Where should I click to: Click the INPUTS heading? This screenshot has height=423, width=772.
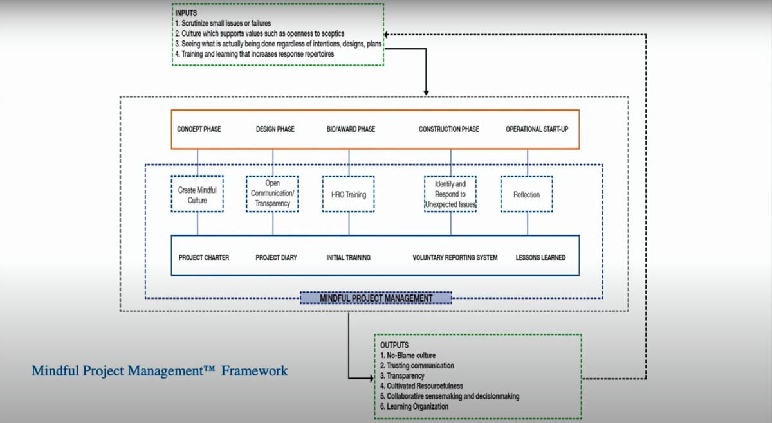[187, 13]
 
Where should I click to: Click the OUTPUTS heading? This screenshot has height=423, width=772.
[394, 345]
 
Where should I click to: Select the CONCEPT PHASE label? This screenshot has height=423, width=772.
[199, 129]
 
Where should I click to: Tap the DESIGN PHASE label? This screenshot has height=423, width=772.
[275, 129]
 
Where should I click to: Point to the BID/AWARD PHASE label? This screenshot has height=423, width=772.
[351, 129]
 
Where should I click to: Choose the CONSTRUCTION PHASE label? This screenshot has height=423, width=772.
[448, 129]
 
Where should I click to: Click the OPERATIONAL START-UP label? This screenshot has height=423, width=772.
[537, 129]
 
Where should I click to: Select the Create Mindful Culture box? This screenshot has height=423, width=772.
[198, 195]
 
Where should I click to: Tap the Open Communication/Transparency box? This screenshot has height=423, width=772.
[272, 194]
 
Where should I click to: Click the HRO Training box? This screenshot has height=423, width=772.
[348, 195]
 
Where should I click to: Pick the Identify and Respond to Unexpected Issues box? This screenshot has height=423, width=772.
[450, 194]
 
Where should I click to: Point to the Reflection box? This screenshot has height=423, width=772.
[526, 195]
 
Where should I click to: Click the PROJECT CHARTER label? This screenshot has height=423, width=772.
[204, 258]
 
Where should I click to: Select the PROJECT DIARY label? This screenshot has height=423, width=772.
[277, 258]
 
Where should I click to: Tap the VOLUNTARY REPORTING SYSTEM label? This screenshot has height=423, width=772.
[455, 258]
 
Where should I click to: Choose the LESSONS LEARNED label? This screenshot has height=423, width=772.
[540, 258]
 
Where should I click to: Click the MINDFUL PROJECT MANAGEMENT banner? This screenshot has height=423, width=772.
[376, 298]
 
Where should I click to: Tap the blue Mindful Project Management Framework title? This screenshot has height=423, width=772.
[160, 371]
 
